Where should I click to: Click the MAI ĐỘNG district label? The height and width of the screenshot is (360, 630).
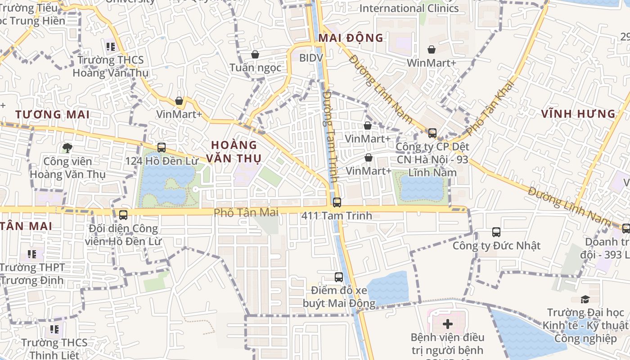point(351,38)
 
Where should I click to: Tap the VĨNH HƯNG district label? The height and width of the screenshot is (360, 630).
point(578,114)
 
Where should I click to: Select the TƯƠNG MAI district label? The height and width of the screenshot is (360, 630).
point(52,114)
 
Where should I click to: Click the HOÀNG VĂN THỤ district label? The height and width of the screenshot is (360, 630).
point(234,152)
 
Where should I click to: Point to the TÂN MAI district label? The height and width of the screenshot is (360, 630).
point(26,226)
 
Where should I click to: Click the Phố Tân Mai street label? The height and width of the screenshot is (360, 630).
point(246,212)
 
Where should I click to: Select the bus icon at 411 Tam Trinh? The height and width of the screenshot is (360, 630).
point(337,202)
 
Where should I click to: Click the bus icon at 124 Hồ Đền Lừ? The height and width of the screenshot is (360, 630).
point(161,147)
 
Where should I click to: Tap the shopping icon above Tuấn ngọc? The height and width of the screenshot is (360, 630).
point(255,54)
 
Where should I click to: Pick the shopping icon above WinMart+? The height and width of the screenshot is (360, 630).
point(431,49)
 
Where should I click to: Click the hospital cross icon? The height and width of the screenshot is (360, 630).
point(447,324)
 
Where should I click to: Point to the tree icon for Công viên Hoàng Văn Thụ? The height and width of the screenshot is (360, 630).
point(67,147)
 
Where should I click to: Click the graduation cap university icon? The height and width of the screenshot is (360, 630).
point(585,299)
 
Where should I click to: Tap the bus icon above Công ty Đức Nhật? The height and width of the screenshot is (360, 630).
point(496,232)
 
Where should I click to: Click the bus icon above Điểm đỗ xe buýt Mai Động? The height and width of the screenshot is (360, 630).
point(339,277)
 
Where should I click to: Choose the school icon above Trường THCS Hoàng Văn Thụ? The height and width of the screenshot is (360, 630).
point(111,46)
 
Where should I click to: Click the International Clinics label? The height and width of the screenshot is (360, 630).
point(409,8)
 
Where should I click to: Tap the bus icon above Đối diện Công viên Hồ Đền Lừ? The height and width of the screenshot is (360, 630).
point(123,215)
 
